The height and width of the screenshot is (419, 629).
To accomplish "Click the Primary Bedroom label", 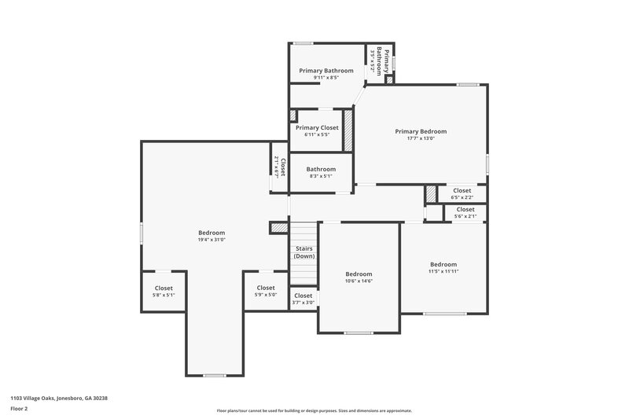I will coord(421,131).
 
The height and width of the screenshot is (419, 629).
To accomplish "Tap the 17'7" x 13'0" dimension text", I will coord(421,139).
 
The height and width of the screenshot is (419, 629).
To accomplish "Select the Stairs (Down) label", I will coord(304,252).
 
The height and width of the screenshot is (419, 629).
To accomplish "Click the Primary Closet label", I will coord(317,127).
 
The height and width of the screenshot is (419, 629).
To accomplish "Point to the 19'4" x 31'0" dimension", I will coord(212,240).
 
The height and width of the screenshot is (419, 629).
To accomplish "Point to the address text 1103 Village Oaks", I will coord(59,399).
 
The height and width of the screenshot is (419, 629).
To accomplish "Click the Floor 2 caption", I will coord(19,409).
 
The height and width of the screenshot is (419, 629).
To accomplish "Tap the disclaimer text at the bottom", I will coord(314,410).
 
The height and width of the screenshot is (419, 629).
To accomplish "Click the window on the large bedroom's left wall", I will coord(142,233).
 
